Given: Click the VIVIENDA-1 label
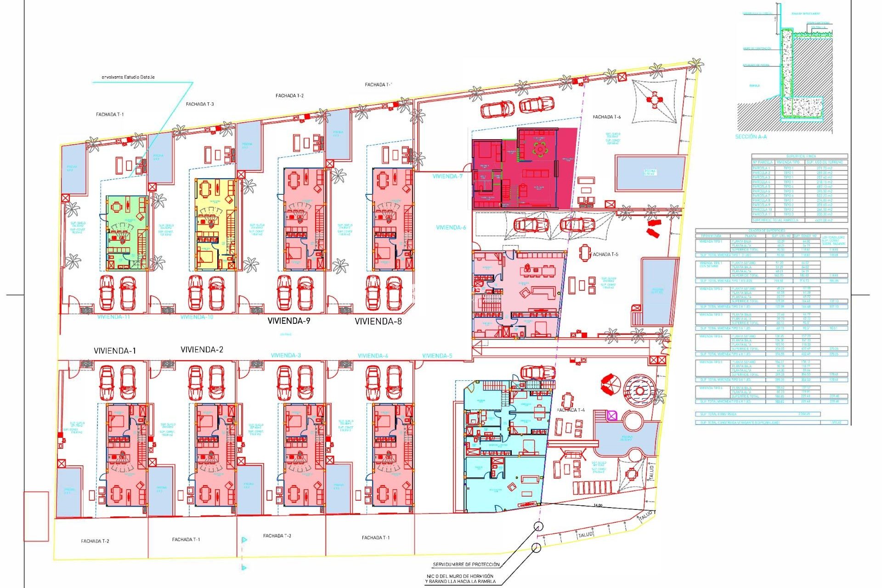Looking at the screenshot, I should pyautogui.click(x=114, y=351).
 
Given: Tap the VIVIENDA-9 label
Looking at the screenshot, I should pyautogui.click(x=288, y=321).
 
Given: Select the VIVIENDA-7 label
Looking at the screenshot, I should pyautogui.click(x=447, y=176).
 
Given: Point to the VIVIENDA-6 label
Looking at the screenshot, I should pyautogui.click(x=451, y=227).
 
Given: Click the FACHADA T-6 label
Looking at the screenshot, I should pyautogui.click(x=606, y=117).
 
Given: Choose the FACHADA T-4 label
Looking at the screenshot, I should pyautogui.click(x=571, y=410).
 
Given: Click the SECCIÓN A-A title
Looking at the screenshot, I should pyautogui.click(x=751, y=137).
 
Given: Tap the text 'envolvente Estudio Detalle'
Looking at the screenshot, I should pyautogui.click(x=128, y=77).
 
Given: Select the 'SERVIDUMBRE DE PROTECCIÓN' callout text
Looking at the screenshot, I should pyautogui.click(x=466, y=565).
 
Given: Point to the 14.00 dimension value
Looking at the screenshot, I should pyautogui.click(x=597, y=505).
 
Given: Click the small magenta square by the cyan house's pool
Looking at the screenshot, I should pyautogui.click(x=611, y=416).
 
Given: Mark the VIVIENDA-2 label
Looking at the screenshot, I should pyautogui.click(x=202, y=350).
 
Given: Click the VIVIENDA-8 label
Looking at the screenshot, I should pyautogui.click(x=378, y=322).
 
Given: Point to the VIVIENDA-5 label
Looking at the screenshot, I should pyautogui.click(x=437, y=356).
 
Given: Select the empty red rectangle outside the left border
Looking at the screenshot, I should pyautogui.click(x=36, y=516).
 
